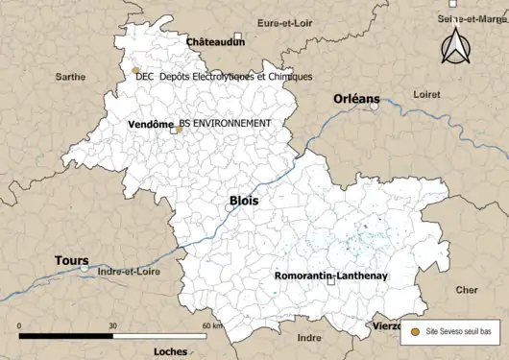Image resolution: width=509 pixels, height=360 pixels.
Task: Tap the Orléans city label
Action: coord(356,99)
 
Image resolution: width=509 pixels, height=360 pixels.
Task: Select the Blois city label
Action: coord(244,201)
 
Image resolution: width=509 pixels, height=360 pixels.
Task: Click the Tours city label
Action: coord(71,260)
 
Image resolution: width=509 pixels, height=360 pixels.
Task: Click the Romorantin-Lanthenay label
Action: coord(330,276)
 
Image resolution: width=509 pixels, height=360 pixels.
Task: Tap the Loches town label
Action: coord(170,351)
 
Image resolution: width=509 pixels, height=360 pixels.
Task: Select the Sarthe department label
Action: coord(70,76)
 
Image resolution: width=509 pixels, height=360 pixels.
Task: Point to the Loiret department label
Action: coord(425,94)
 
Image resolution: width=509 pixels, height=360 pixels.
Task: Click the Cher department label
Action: coord(467,289)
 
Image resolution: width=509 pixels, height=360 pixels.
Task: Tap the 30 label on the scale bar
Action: coord(112,325)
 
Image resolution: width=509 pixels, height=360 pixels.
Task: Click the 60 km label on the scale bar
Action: coord(212,325)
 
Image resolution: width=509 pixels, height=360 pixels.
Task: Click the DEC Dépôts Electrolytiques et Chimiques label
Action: coord(224,76)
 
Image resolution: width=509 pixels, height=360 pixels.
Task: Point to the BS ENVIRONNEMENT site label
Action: coord(225,124)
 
